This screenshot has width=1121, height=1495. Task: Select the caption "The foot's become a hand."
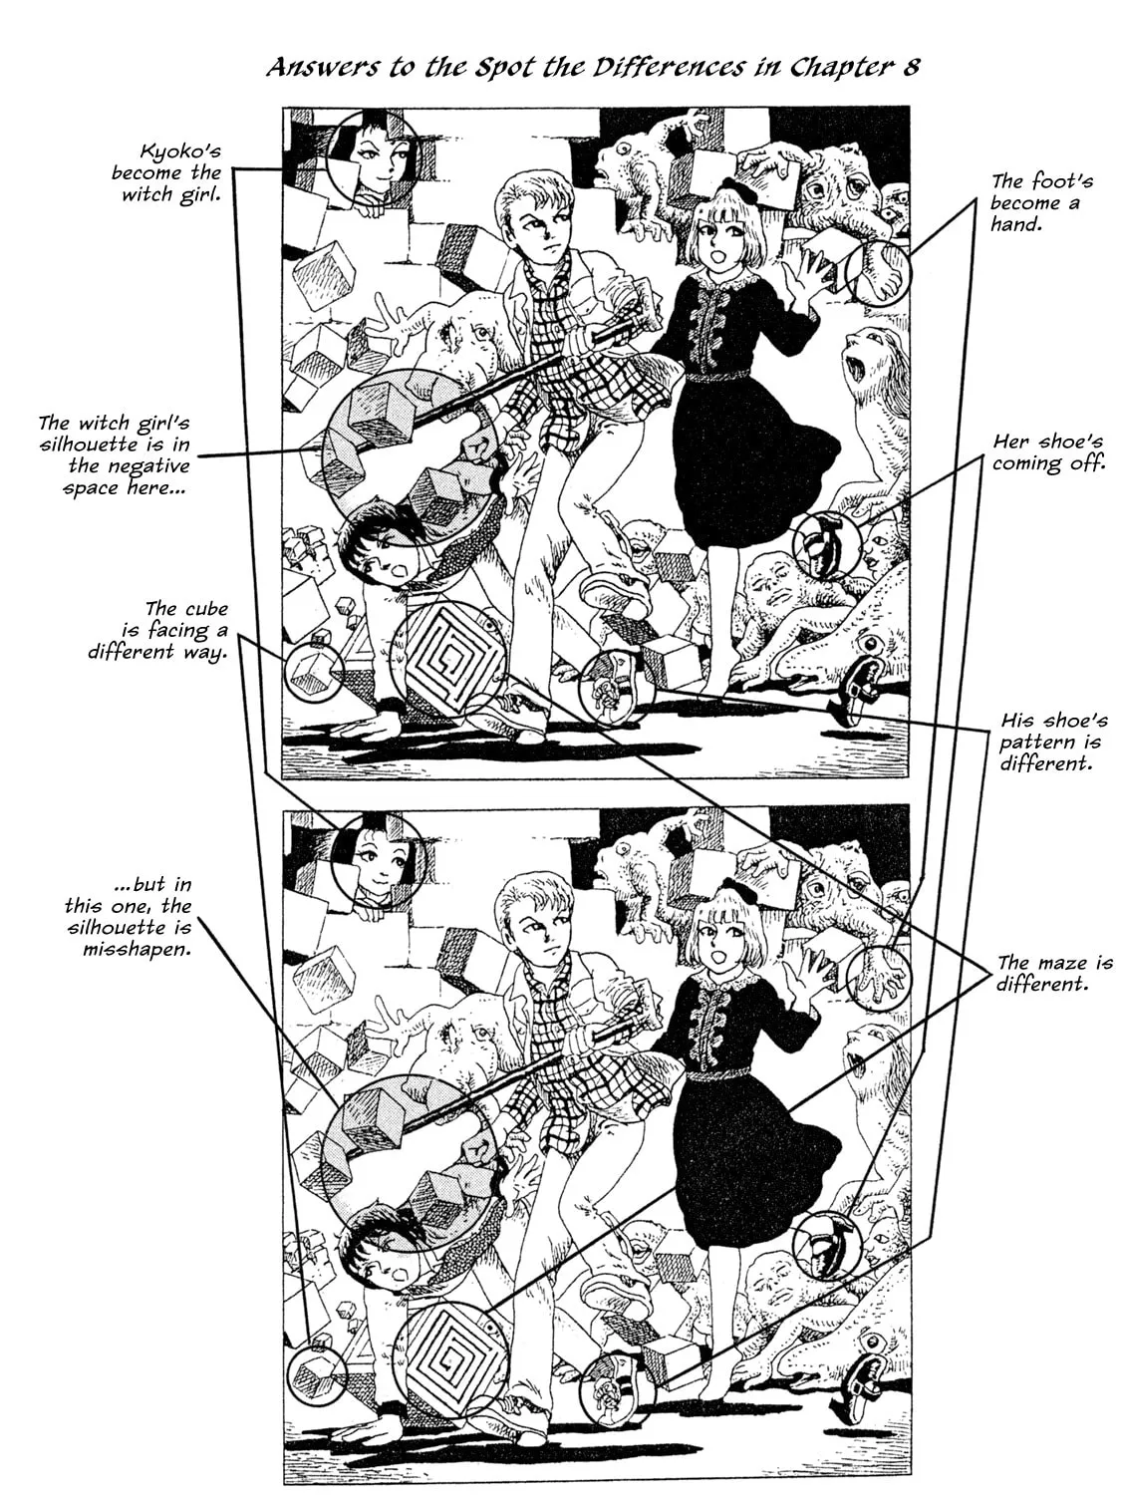(x=1041, y=202)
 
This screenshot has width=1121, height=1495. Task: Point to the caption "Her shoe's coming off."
(x=1047, y=452)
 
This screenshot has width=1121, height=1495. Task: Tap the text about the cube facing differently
(x=158, y=630)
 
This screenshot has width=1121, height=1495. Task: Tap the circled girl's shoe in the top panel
(x=827, y=545)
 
